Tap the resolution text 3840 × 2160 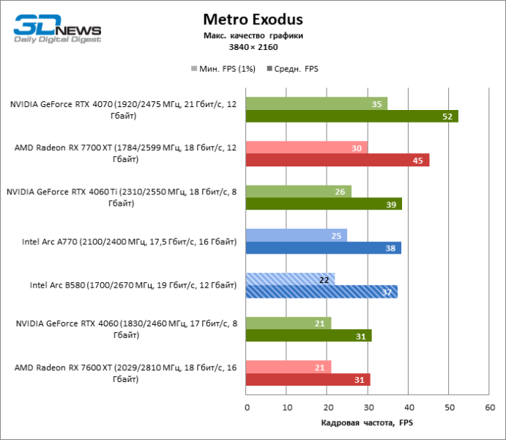click(253, 47)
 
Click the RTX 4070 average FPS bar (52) click(351, 116)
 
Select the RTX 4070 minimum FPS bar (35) click(316, 103)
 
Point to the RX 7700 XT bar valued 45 click(338, 160)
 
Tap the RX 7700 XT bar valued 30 click(307, 147)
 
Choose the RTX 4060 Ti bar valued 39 click(324, 204)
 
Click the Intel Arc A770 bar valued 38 click(323, 248)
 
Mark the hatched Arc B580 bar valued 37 click(321, 292)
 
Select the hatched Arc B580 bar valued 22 click(291, 279)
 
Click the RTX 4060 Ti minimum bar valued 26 click(299, 191)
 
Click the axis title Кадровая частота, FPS click(368, 423)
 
